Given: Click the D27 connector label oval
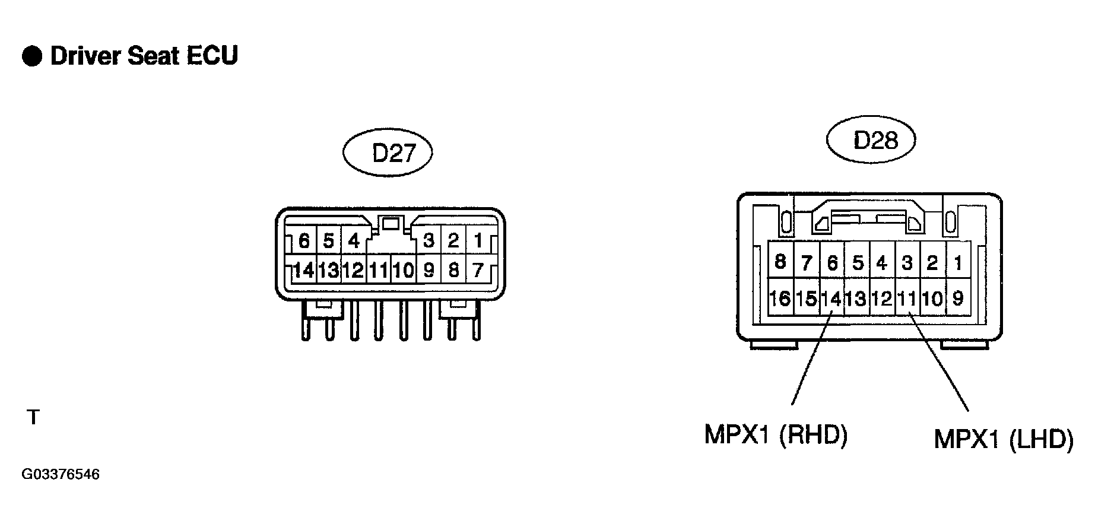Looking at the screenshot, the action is [x=387, y=153].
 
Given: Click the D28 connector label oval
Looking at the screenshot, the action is [x=871, y=140].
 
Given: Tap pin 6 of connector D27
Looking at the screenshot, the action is [x=303, y=241].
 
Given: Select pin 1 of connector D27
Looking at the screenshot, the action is [x=478, y=241].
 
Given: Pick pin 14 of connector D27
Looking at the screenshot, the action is [x=303, y=270].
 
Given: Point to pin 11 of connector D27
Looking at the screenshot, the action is [x=378, y=270].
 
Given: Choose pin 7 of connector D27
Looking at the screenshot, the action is [x=478, y=270].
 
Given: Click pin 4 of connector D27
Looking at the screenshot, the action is [x=354, y=241].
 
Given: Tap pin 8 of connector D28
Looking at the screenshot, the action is [x=780, y=261].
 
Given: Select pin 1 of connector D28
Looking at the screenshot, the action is [x=958, y=261].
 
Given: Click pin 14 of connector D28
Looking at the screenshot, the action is [x=831, y=297].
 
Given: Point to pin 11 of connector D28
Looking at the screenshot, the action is [x=907, y=297].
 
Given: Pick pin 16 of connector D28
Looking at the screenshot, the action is [x=780, y=297].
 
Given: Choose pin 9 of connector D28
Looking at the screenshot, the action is [x=958, y=297].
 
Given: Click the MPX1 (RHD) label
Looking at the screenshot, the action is [x=776, y=435].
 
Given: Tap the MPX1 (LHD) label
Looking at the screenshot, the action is [x=1004, y=439].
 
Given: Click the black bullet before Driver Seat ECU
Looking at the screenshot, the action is [x=32, y=56].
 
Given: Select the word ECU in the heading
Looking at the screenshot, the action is [x=212, y=56].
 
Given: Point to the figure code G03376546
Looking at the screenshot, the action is [x=61, y=475].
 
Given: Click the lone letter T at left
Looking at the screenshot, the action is [x=33, y=418].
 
